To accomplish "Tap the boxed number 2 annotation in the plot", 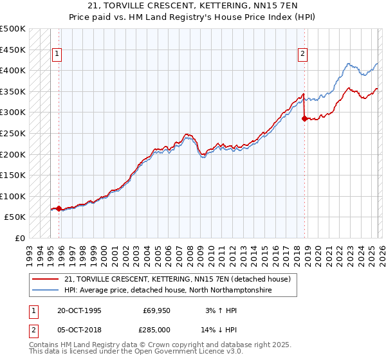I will point(302,55).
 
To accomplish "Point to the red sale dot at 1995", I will point(59,208).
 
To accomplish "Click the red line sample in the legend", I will point(46,279).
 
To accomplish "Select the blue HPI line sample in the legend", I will point(46,290).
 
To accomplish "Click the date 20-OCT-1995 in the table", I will point(79,310).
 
